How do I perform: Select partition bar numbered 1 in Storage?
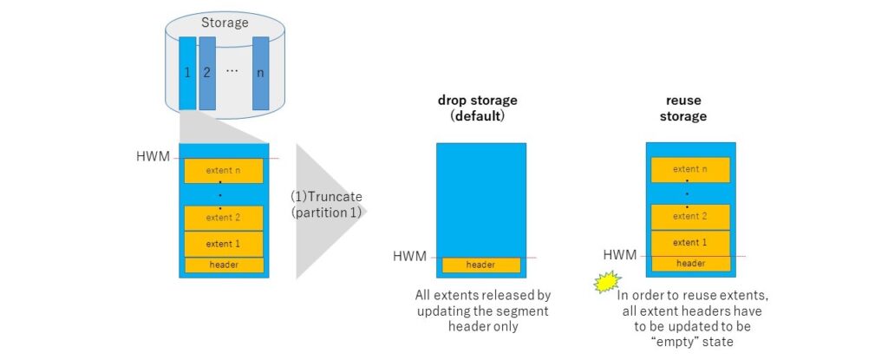(x=188, y=74)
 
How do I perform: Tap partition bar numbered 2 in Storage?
(x=207, y=74)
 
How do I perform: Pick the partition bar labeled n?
(x=260, y=74)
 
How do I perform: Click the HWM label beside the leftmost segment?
(x=153, y=157)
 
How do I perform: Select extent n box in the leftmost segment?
(x=223, y=171)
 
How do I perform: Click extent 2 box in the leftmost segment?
(x=223, y=217)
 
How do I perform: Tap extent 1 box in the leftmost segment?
(x=223, y=244)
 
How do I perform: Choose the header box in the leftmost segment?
(x=223, y=265)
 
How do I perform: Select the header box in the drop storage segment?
(x=480, y=265)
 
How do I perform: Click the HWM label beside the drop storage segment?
(x=410, y=257)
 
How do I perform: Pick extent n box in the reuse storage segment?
(x=690, y=170)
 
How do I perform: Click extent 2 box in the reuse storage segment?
(x=690, y=216)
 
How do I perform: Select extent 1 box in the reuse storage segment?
(x=690, y=242)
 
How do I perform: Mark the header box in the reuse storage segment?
(x=690, y=263)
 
